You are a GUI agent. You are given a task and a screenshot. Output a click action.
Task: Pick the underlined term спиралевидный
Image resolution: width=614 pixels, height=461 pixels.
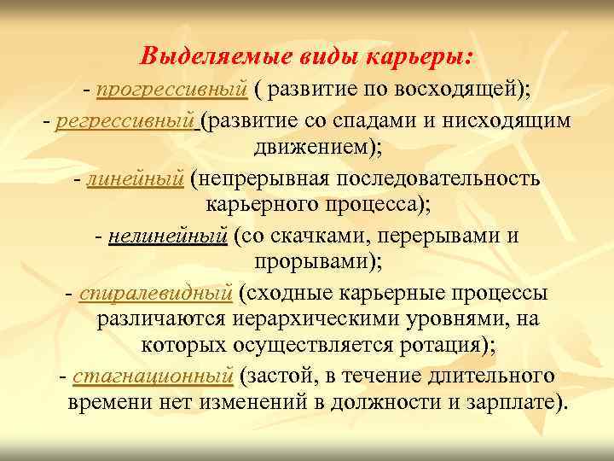(x=155, y=295)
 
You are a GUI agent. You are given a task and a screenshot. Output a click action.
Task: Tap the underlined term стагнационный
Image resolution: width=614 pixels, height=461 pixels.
(x=153, y=375)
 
